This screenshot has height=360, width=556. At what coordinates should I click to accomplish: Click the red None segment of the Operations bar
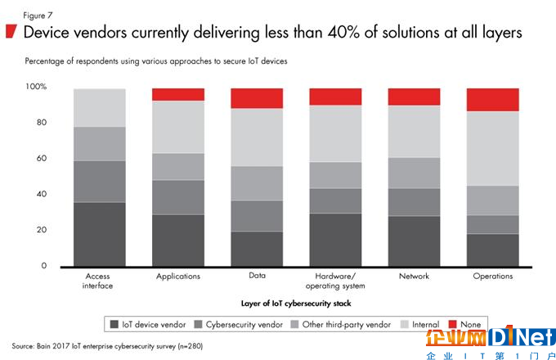(x=492, y=100)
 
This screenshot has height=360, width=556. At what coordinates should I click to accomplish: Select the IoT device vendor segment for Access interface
(x=100, y=234)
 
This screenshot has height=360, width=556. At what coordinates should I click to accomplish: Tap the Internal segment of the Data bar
(x=257, y=137)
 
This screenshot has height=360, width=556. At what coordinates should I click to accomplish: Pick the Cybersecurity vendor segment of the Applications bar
(x=178, y=197)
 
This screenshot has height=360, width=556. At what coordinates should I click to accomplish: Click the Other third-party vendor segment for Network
(x=414, y=173)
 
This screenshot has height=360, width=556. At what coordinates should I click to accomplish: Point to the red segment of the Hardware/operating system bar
(x=335, y=97)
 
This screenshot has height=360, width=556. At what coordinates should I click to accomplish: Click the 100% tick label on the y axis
(x=36, y=87)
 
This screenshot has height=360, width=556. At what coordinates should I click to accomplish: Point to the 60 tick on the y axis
(x=41, y=159)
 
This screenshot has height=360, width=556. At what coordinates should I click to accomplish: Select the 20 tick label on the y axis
(x=41, y=231)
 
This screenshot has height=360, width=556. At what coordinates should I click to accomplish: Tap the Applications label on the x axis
(x=178, y=277)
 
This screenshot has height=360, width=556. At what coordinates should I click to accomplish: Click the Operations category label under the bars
(x=492, y=277)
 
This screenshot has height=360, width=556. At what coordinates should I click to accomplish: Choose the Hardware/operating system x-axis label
(x=335, y=281)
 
